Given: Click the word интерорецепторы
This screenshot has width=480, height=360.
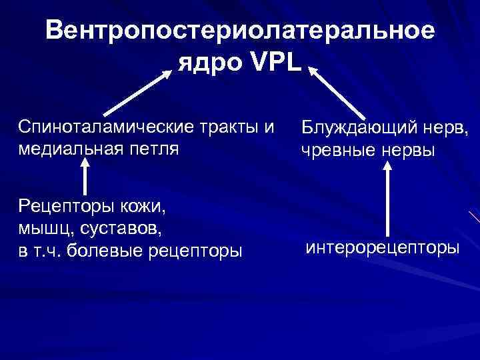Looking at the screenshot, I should coord(382,248).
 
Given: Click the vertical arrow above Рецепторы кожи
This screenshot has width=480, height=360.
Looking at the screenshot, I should coord(85,179).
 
